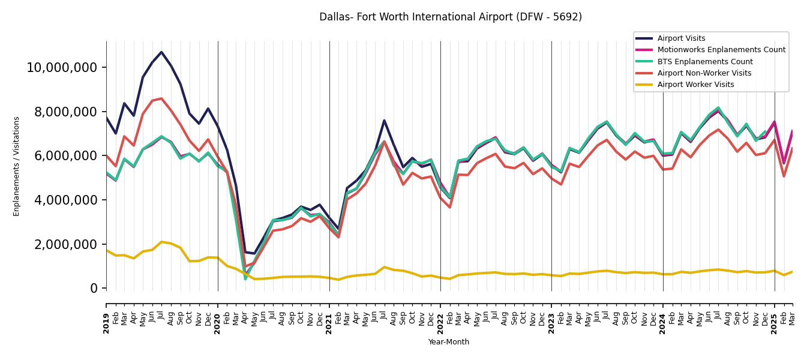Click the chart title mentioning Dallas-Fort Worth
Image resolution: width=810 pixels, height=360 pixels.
(x=450, y=17)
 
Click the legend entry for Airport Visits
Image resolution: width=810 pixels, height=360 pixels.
(x=681, y=38)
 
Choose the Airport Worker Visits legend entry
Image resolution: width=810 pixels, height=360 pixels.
(x=695, y=85)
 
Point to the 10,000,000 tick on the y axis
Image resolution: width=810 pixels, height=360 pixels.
(x=62, y=67)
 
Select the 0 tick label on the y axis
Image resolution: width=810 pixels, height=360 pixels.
(x=94, y=289)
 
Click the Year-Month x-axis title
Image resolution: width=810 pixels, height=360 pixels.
(x=449, y=342)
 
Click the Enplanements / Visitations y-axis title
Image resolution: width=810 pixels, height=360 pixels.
(x=17, y=166)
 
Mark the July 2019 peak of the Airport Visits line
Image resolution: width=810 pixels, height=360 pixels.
(x=161, y=52)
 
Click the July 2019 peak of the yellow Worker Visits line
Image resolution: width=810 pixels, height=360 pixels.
(x=161, y=242)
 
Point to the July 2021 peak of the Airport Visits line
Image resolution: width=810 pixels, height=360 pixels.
(x=384, y=121)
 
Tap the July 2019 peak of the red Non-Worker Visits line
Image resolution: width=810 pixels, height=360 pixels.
(x=161, y=98)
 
